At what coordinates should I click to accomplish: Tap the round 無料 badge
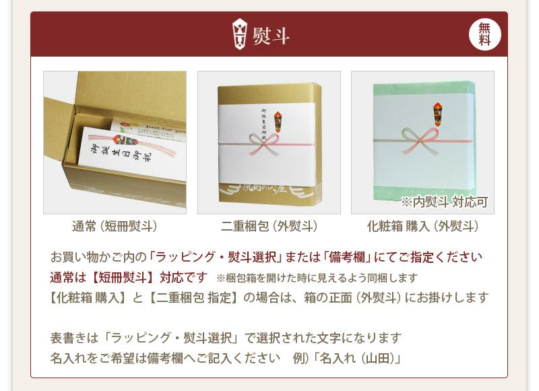pos(484,34)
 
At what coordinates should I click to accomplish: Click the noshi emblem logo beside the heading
pos(239,34)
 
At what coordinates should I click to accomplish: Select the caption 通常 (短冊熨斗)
pos(115,227)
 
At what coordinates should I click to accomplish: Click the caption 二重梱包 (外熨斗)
pos(269,227)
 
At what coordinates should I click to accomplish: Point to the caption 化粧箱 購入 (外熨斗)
pos(422,227)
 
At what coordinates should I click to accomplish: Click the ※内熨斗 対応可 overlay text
pos(444,202)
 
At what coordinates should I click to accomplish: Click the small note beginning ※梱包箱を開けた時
pos(317,278)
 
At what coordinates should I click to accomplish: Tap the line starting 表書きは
pos(226,338)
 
